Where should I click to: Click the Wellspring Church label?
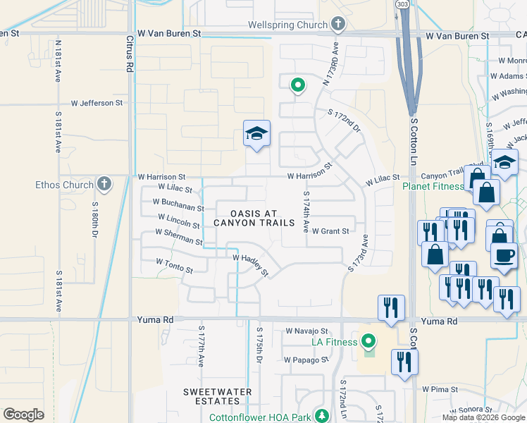[287, 25]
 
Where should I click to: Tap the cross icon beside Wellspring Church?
[338, 25]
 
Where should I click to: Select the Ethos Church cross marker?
[104, 185]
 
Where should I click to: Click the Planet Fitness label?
[433, 186]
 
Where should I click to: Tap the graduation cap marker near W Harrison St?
[256, 133]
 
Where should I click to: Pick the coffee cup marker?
[503, 255]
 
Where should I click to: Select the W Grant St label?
[330, 231]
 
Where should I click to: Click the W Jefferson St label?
[97, 103]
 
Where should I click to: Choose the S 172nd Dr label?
[344, 122]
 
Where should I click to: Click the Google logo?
[23, 415]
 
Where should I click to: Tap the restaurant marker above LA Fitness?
[391, 307]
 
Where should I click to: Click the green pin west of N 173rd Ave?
[298, 85]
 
